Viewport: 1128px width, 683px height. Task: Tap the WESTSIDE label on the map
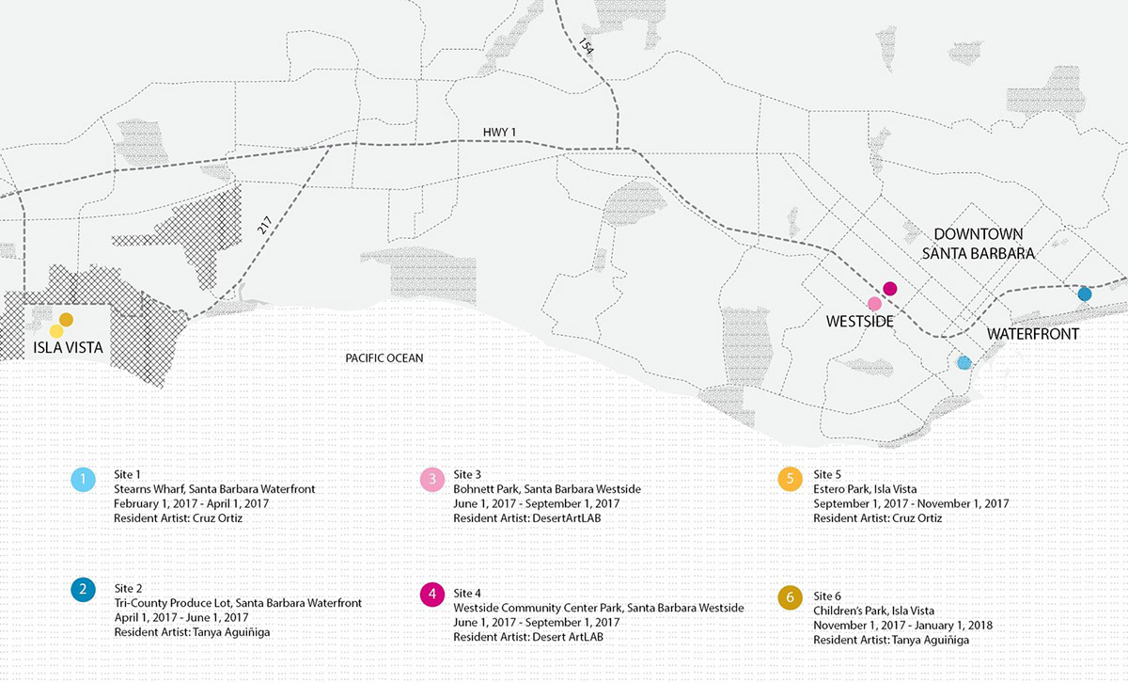tap(859, 322)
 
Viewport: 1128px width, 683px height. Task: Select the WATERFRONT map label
tap(1032, 335)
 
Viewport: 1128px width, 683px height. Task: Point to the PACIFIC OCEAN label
tap(384, 358)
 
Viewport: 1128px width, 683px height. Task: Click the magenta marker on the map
tap(890, 288)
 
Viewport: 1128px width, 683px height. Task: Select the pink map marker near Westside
tap(874, 304)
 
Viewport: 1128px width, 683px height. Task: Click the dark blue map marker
tap(1084, 294)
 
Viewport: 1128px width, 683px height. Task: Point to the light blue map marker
tap(963, 362)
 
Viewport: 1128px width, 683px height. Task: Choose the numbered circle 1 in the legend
tap(84, 481)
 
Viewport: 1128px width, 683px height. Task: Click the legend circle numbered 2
tap(84, 591)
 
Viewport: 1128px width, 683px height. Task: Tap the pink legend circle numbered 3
tap(431, 481)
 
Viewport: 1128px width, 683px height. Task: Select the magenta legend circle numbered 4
tap(431, 595)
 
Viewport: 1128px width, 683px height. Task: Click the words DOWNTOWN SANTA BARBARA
tap(978, 244)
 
